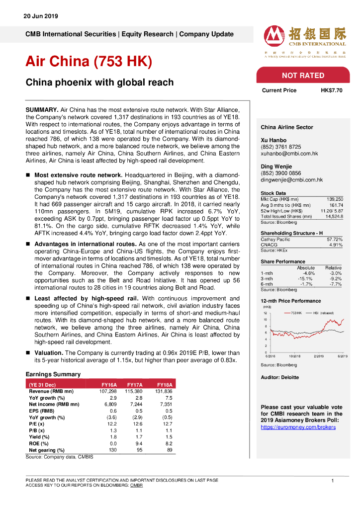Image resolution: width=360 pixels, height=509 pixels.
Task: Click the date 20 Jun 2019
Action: tap(41, 16)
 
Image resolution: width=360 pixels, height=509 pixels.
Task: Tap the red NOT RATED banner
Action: tap(303, 76)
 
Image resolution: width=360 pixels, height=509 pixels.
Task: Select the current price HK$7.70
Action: tap(331, 90)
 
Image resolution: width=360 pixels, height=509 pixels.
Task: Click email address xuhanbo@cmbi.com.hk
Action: tap(289, 154)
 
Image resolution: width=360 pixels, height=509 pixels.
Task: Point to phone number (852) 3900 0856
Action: tap(280, 173)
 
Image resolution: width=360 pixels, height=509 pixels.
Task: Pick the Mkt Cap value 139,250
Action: tap(335, 199)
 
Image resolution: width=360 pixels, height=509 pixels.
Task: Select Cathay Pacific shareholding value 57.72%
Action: tap(335, 240)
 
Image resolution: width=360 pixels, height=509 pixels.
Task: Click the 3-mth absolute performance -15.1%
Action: tap(305, 278)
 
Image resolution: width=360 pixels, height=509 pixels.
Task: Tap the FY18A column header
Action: tap(165, 384)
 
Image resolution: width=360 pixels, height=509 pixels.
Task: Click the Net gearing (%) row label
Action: tap(47, 450)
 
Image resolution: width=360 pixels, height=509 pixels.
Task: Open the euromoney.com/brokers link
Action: tap(298, 427)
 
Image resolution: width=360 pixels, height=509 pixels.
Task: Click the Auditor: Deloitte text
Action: tap(280, 377)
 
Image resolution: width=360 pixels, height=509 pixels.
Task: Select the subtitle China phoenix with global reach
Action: tap(99, 83)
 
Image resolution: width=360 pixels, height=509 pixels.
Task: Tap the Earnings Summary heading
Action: tap(53, 374)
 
